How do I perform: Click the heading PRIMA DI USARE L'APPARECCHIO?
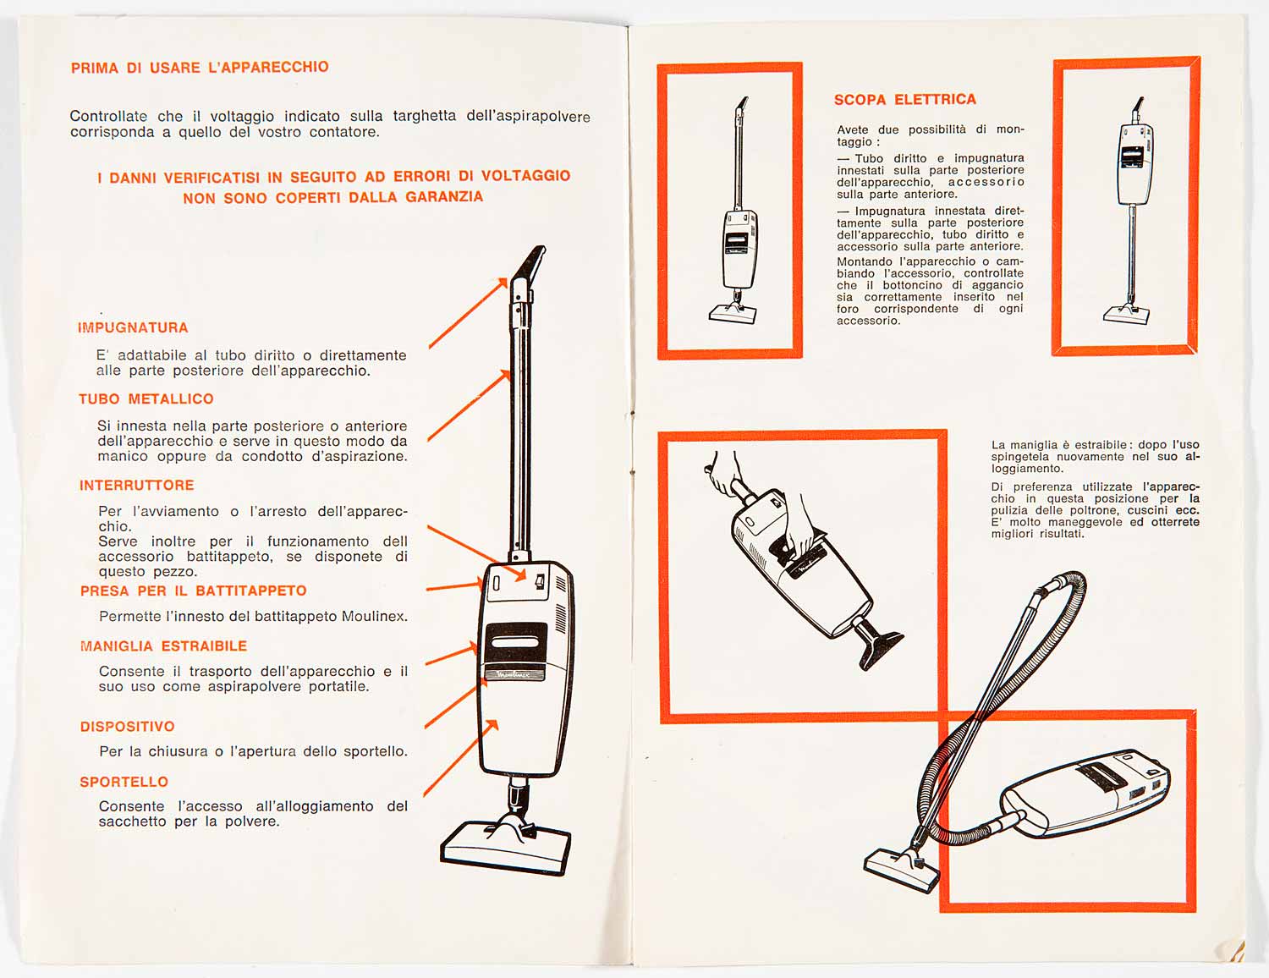[x=200, y=67]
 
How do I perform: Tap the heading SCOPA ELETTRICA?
[x=904, y=99]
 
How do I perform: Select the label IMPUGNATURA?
[x=133, y=327]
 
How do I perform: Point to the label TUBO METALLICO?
[x=146, y=398]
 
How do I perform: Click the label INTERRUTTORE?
[x=137, y=486]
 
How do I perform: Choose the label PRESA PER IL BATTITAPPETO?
[x=193, y=591]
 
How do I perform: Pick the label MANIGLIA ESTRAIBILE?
[x=163, y=646]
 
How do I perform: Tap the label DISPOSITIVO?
[x=127, y=727]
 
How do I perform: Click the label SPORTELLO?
[x=124, y=782]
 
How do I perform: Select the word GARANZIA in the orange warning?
[x=444, y=197]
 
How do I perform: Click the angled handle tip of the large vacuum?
[x=529, y=266]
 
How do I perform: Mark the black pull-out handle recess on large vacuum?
[x=516, y=642]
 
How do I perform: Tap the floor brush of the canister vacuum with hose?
[x=901, y=870]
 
